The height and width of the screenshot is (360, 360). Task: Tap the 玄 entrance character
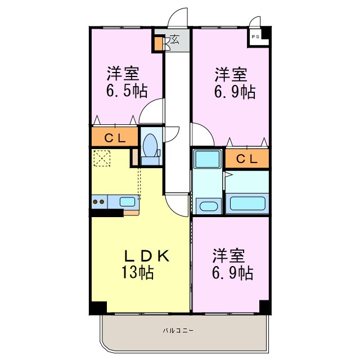coord(174,40)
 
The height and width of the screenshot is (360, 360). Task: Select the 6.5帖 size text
coord(125,91)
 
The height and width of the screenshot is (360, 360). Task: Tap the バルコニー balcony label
coord(178,330)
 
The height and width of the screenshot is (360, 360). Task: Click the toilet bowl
coord(150,145)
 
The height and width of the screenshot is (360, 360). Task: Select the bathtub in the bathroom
coord(247,203)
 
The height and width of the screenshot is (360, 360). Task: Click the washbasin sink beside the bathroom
coord(208,205)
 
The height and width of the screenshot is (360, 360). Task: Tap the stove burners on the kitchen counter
coord(99,201)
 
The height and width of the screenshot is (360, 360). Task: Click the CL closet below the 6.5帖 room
coord(115,137)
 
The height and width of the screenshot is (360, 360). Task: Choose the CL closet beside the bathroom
coord(247,159)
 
